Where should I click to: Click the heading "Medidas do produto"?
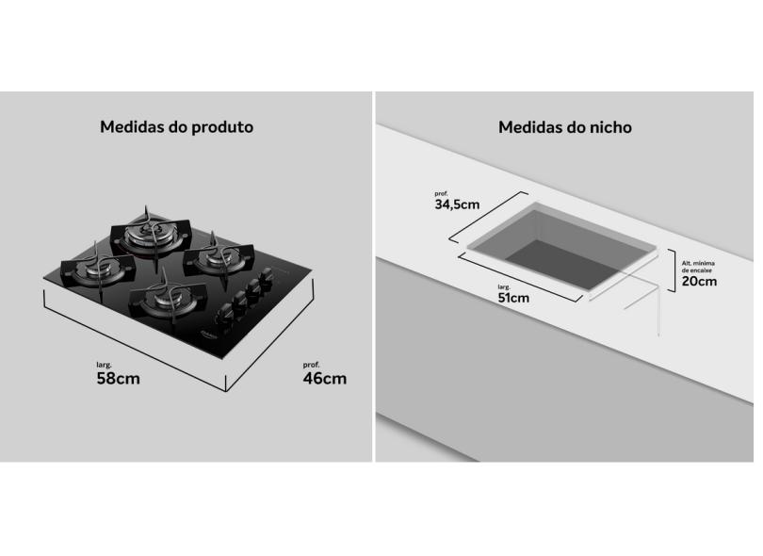pyautogui.click(x=176, y=126)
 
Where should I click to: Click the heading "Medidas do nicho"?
pyautogui.click(x=564, y=126)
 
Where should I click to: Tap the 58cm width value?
pyautogui.click(x=119, y=379)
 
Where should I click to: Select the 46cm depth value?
pyautogui.click(x=324, y=379)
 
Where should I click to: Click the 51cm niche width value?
pyautogui.click(x=513, y=298)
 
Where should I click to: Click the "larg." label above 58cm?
pyautogui.click(x=105, y=364)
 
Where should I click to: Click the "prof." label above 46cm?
pyautogui.click(x=311, y=364)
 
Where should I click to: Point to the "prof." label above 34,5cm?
pyautogui.click(x=442, y=192)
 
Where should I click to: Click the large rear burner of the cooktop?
pyautogui.click(x=150, y=230)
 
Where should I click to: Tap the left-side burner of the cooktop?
pyautogui.click(x=98, y=269)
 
